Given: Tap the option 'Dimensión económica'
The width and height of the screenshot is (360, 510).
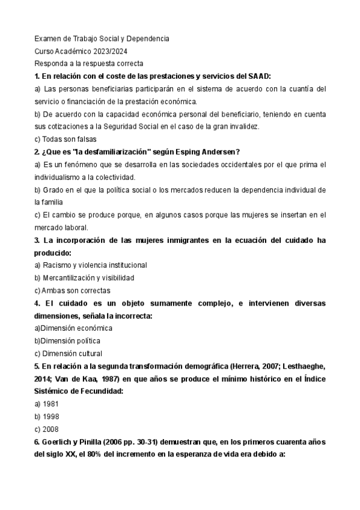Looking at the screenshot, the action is click(76, 328).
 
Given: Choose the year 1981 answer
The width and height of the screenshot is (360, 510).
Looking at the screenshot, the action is click(50, 404).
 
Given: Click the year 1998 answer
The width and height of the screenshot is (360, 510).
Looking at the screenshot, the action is click(50, 417).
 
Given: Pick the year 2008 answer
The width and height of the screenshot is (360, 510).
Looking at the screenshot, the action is click(50, 429).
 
